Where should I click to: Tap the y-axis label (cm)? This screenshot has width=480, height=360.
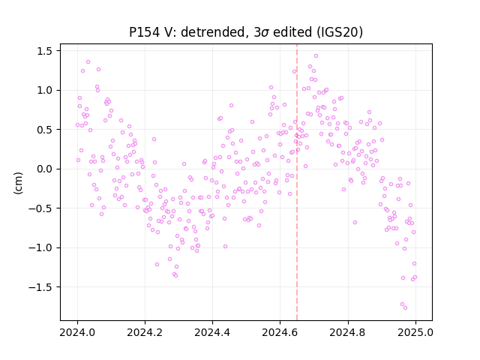(18, 183)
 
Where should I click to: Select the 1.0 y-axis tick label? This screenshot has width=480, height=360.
(45, 90)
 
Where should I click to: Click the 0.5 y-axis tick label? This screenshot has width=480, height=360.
(45, 130)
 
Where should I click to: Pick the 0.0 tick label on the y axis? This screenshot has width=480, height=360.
(45, 169)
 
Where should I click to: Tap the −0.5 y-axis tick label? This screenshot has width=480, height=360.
(40, 208)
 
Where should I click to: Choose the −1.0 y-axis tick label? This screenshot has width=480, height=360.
(40, 247)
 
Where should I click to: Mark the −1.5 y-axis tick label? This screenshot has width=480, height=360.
(40, 287)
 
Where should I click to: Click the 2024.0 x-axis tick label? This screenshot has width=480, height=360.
(77, 332)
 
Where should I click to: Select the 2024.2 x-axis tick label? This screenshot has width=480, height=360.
(145, 332)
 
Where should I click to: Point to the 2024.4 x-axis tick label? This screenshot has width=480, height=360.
(212, 332)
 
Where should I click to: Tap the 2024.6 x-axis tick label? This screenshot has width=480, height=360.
(280, 332)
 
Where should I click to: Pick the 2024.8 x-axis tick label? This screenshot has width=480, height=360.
(348, 332)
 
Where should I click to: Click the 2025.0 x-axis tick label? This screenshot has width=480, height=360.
(415, 332)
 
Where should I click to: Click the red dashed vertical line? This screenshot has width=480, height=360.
(297, 182)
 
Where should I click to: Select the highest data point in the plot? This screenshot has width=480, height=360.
(316, 56)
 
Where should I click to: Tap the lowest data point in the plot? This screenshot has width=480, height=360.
(405, 307)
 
